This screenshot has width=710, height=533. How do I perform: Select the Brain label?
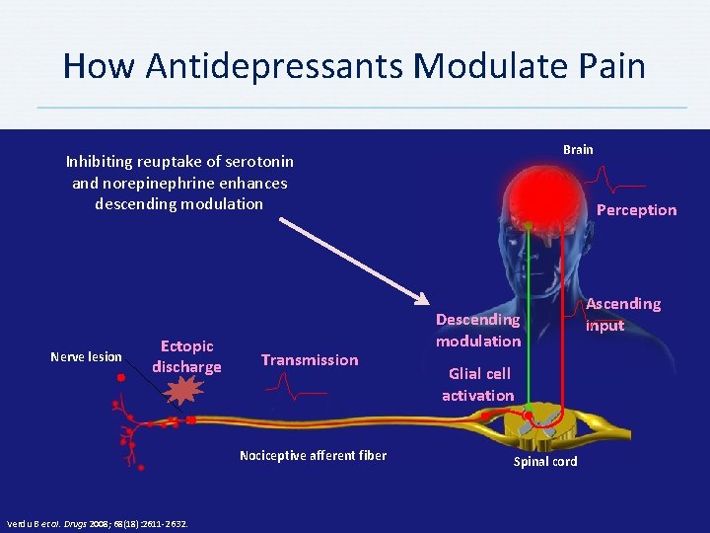(578, 149)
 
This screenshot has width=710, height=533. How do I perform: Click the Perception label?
(636, 209)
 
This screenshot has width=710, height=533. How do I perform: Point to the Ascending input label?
(623, 314)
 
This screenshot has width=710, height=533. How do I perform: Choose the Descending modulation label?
(478, 330)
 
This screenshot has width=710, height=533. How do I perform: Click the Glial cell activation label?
(478, 384)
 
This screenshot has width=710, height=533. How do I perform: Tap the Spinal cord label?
(545, 462)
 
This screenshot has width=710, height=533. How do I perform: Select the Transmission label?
(310, 360)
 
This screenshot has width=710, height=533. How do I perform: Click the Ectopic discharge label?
(186, 356)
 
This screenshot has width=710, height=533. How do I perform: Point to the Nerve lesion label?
(87, 357)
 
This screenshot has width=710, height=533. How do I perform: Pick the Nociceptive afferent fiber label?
(313, 455)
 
